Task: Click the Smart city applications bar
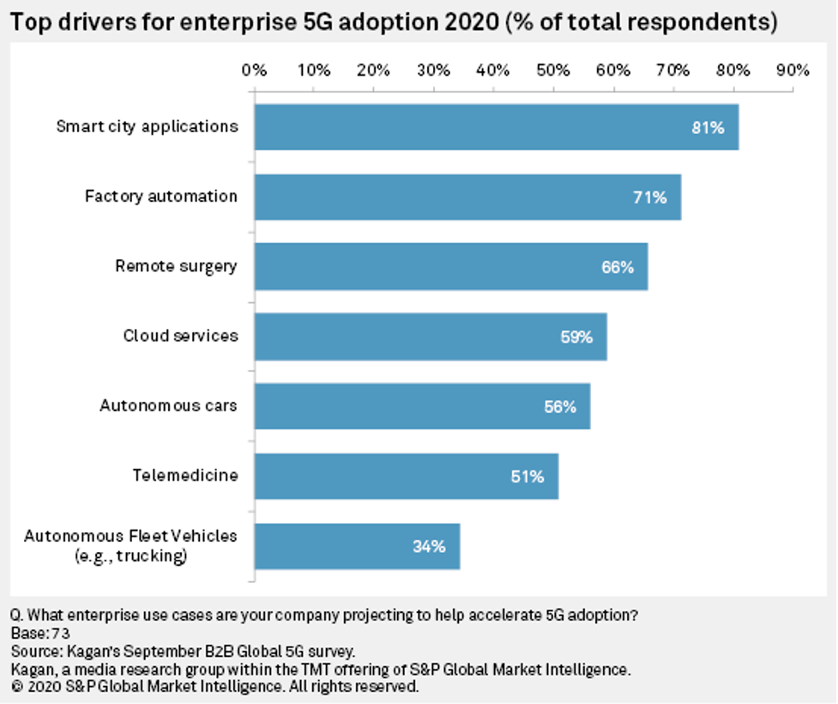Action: click(496, 127)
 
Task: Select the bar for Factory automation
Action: click(467, 197)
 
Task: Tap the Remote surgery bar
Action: click(450, 267)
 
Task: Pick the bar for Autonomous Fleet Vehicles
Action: click(357, 546)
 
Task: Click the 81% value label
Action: click(708, 128)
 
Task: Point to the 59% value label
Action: click(576, 337)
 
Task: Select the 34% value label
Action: click(430, 546)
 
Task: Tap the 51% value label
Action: click(528, 476)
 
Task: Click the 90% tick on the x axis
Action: click(792, 70)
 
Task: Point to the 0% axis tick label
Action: click(255, 70)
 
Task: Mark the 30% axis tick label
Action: click(434, 70)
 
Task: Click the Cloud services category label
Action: click(180, 336)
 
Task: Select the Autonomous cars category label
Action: click(168, 406)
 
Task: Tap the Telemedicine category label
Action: click(184, 476)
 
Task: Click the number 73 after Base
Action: click(58, 634)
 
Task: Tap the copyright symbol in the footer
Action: click(15, 687)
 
